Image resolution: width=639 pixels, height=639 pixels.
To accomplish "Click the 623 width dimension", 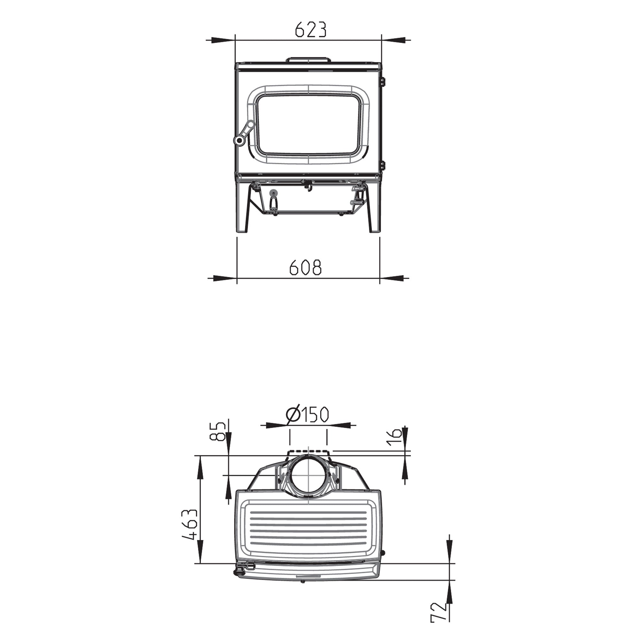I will pos(310,30).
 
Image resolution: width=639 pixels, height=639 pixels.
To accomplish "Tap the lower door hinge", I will pos(383,164).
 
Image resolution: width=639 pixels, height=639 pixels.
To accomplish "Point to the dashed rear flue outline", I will pos(308,451).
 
